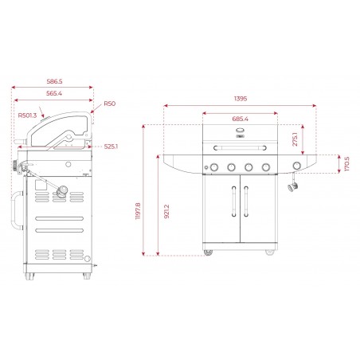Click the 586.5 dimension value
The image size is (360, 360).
point(54,81)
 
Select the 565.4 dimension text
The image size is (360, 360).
point(54,93)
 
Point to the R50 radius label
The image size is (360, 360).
point(109,104)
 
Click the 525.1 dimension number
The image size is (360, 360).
point(111,146)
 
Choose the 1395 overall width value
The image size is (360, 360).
point(240,99)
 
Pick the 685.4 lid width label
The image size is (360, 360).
point(240,119)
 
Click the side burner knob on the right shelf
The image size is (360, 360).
point(297,166)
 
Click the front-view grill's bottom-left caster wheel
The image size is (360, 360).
point(209,253)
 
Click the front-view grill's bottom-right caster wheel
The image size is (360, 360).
point(270,253)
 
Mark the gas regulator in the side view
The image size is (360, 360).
point(62,194)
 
